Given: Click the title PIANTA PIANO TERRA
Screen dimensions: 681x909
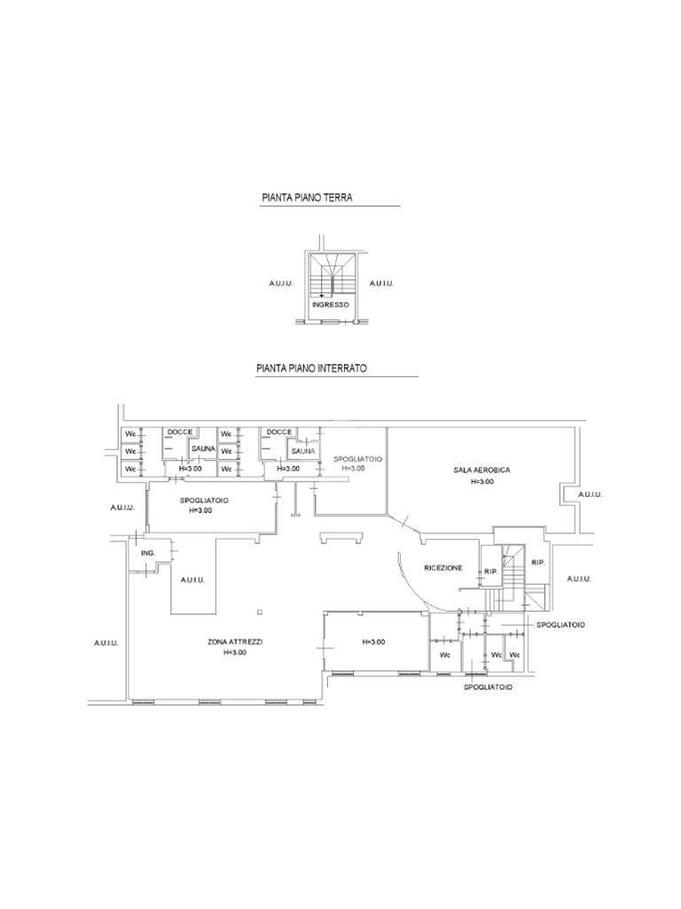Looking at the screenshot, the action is tap(307, 198).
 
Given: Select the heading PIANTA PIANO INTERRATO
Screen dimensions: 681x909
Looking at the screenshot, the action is tap(311, 368).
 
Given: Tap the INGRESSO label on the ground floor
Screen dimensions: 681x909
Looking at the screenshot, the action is tap(331, 304).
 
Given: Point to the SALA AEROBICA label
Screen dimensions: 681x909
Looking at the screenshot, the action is tap(481, 470).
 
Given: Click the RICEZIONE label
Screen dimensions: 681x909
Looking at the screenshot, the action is tap(443, 567).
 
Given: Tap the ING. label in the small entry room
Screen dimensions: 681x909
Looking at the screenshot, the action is tap(147, 553).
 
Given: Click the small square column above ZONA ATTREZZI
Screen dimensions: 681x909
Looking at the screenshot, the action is tap(259, 612).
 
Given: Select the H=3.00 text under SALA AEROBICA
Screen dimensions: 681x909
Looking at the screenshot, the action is tap(481, 481).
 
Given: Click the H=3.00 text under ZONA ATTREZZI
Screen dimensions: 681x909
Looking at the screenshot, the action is tap(235, 652).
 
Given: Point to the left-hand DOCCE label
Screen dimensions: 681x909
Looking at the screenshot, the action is tap(180, 432).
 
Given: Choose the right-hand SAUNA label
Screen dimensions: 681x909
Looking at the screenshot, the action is tap(303, 450).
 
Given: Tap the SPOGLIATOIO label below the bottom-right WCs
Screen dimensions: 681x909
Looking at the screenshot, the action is tap(488, 687).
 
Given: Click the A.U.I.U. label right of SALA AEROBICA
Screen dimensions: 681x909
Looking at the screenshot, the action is tap(590, 494).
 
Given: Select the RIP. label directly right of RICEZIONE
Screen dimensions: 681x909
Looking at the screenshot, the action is tap(490, 572).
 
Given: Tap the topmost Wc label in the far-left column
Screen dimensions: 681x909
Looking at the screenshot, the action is tap(130, 434).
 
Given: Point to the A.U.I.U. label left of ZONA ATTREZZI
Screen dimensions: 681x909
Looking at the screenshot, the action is tap(106, 643).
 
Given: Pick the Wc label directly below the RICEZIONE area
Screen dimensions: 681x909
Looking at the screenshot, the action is tap(445, 655).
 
